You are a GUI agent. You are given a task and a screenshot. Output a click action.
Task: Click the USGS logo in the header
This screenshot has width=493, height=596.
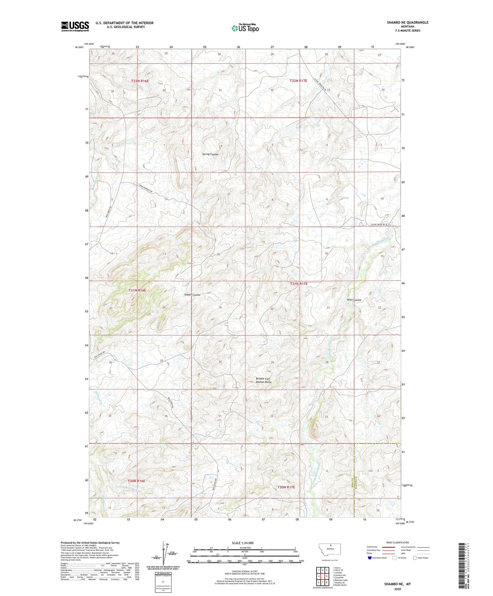tap(75, 26)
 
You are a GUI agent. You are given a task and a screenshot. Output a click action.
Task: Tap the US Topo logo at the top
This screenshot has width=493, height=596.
tap(245, 28)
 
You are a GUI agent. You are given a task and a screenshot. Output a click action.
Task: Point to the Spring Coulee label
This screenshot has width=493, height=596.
tap(210, 154)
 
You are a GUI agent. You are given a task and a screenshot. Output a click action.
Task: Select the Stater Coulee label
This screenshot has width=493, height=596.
tap(192, 295)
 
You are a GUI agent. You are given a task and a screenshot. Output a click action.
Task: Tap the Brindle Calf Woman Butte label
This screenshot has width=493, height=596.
tap(264, 380)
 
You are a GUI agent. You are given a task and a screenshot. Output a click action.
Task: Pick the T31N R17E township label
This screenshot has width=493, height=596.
tap(299, 284)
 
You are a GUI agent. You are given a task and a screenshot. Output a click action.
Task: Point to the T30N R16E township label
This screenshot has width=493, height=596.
tap(136, 481)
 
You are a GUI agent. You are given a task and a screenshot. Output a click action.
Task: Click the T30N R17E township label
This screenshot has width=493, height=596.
tap(286, 487)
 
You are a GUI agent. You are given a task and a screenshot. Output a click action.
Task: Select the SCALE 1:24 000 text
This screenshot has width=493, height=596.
tap(243, 543)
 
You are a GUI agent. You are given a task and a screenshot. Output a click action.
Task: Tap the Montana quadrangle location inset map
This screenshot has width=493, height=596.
tap(329, 551)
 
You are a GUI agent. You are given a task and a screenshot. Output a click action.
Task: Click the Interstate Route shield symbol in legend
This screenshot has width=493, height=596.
tap(370, 558)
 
